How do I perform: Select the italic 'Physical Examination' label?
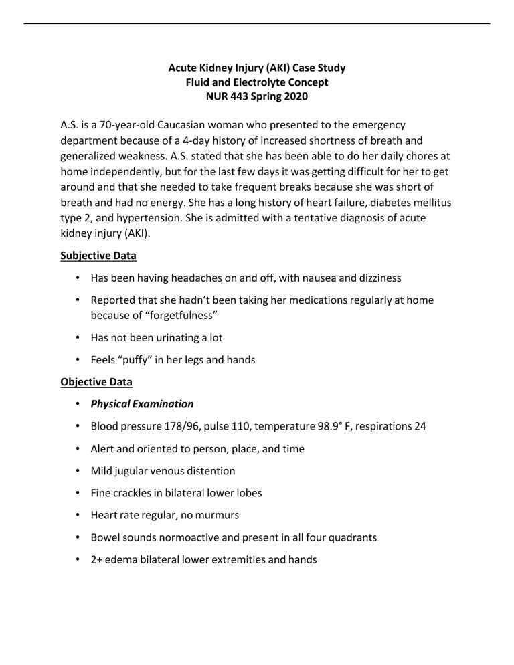pos(142,404)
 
